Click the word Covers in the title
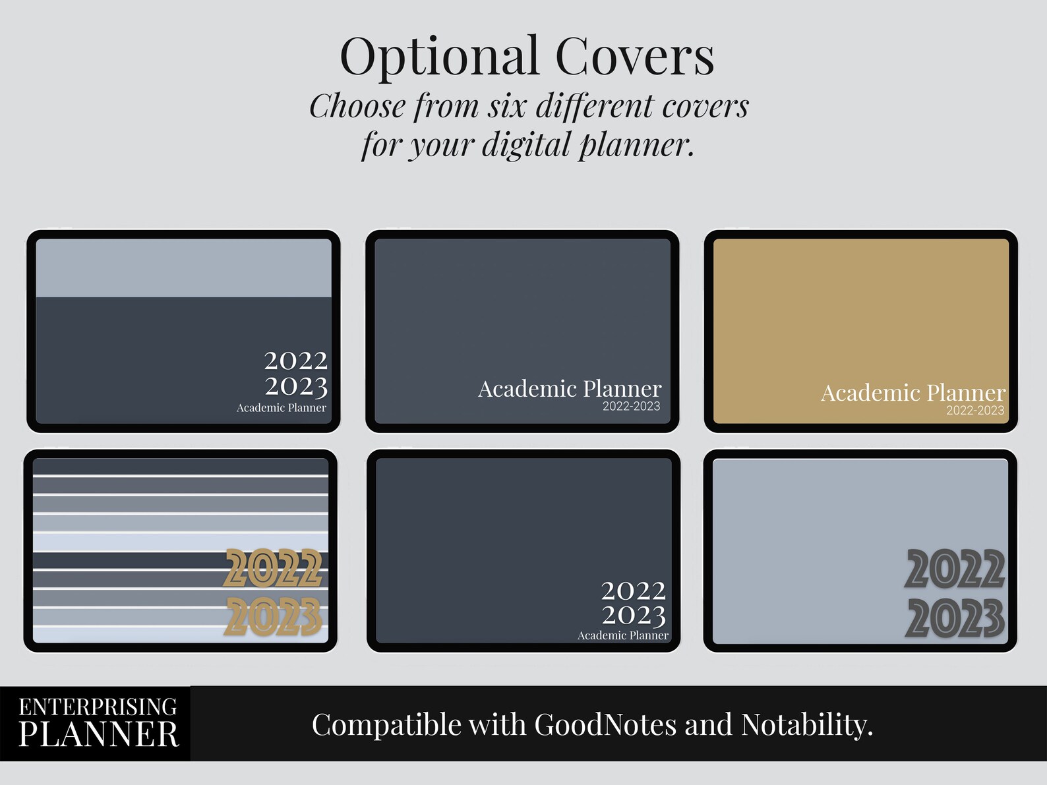click(x=634, y=57)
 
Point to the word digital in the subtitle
click(x=526, y=145)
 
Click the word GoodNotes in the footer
click(x=605, y=725)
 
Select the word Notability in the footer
click(x=806, y=725)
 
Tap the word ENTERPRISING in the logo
click(x=98, y=707)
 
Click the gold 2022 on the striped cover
click(x=274, y=568)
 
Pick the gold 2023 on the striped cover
click(x=274, y=617)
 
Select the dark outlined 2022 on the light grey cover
click(x=955, y=569)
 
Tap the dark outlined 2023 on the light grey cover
click(x=955, y=618)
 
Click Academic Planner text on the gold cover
click(x=913, y=393)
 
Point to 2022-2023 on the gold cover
click(x=975, y=411)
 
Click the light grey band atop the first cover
click(x=183, y=268)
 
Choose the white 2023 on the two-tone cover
click(x=296, y=386)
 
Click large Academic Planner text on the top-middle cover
click(x=570, y=389)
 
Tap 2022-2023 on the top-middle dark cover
click(x=631, y=407)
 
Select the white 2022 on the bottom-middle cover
click(x=634, y=591)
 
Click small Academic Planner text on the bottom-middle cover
click(x=623, y=635)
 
